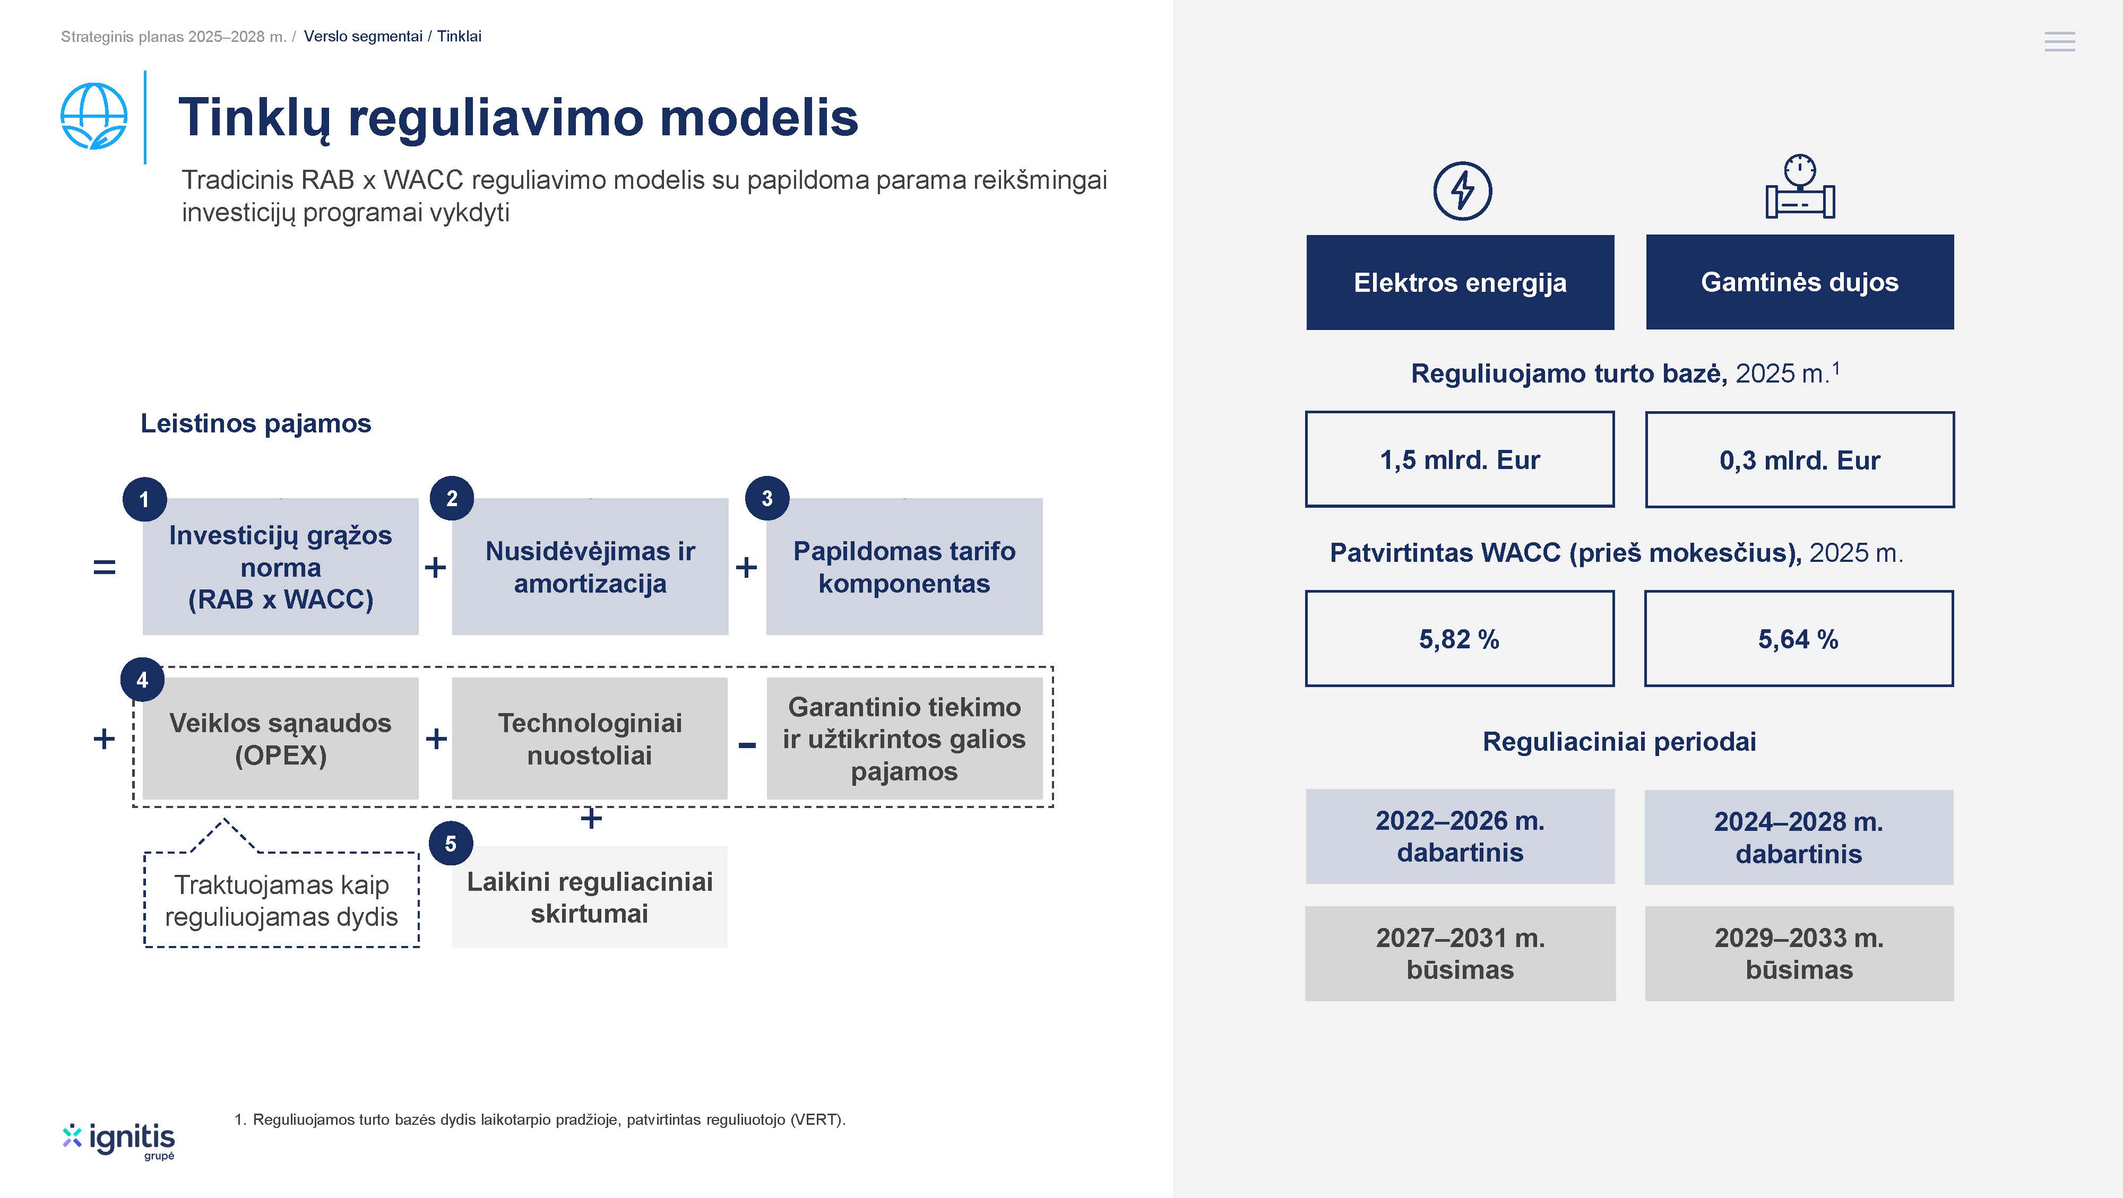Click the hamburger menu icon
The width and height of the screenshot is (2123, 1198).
(2059, 41)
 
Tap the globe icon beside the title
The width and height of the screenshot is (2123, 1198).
(94, 116)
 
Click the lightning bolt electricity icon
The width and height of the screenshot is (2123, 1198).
(1462, 191)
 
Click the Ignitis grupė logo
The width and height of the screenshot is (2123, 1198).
(119, 1140)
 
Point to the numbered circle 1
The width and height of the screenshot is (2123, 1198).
(144, 499)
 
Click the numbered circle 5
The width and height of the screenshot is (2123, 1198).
(451, 844)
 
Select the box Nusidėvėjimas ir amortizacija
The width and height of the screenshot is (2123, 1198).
(590, 566)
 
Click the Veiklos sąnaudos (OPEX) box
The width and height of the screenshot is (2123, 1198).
(280, 738)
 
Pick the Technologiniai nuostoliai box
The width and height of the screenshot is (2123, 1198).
(590, 738)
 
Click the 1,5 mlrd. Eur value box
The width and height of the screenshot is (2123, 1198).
(1460, 459)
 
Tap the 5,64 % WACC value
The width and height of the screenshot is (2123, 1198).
(1798, 639)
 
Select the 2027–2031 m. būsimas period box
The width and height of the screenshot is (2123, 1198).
(1461, 953)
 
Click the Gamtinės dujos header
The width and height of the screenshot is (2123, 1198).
(1800, 282)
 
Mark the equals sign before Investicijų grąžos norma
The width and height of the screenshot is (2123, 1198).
(105, 567)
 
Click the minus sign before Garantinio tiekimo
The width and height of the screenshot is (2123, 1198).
(747, 745)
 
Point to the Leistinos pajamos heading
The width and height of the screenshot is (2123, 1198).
(255, 423)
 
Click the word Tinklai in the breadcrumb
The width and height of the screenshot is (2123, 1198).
(459, 36)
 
